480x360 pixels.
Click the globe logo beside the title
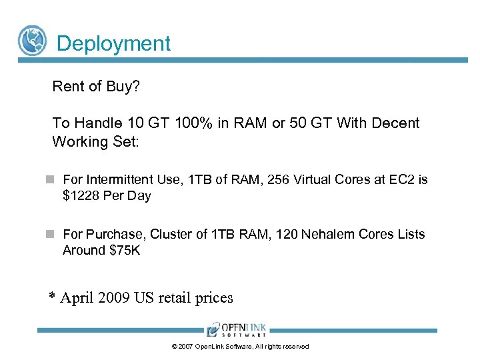pos(32,40)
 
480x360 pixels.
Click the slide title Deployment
pos(114,44)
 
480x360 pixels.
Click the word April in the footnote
pos(77,297)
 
